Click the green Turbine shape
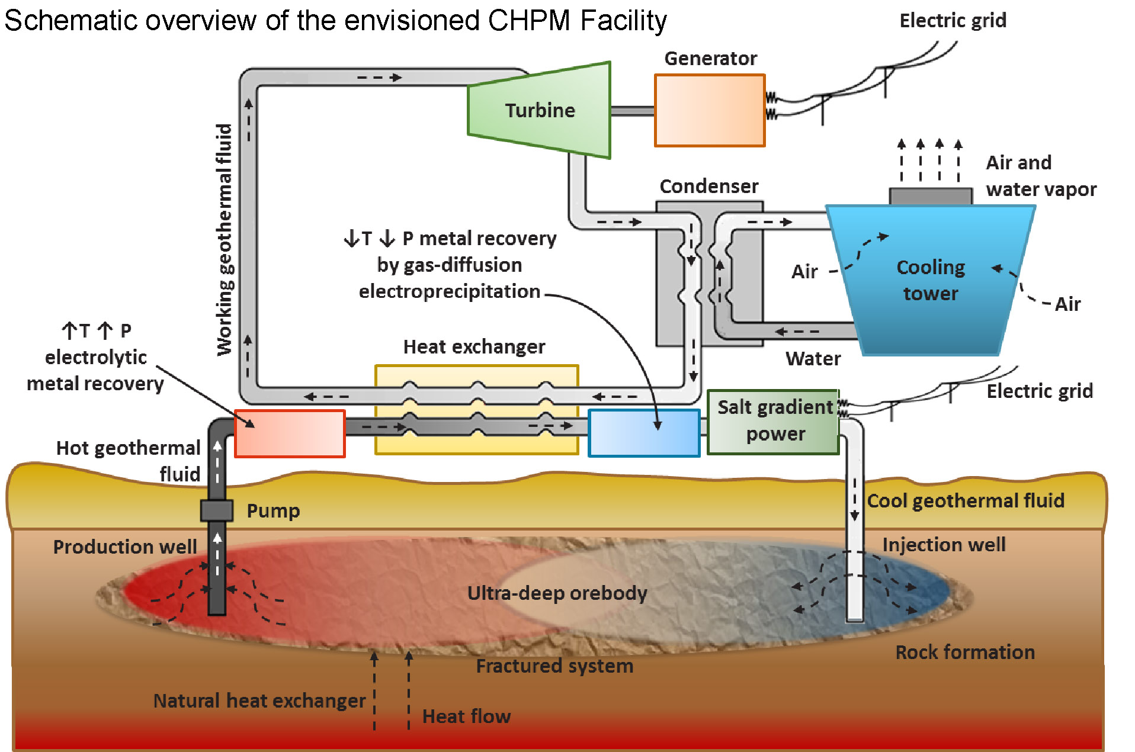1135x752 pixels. (539, 110)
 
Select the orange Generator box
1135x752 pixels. (710, 111)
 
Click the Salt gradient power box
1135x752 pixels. (774, 421)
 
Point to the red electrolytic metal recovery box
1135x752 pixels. (290, 433)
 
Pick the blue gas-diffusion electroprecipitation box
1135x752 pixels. (644, 433)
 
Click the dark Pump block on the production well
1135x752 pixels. (216, 510)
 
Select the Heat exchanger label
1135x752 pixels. (474, 347)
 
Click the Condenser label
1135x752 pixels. (708, 187)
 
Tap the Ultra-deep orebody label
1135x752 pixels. (557, 593)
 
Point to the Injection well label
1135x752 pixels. (944, 545)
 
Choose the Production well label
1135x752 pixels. (125, 547)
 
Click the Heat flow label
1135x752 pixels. (466, 716)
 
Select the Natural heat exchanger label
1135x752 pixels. (259, 701)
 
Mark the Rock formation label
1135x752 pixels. (964, 653)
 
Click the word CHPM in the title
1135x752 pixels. (529, 21)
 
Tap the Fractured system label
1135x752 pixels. (554, 666)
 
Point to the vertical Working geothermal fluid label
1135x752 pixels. (225, 240)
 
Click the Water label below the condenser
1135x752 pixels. (813, 359)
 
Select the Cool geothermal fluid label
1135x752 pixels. (966, 501)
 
